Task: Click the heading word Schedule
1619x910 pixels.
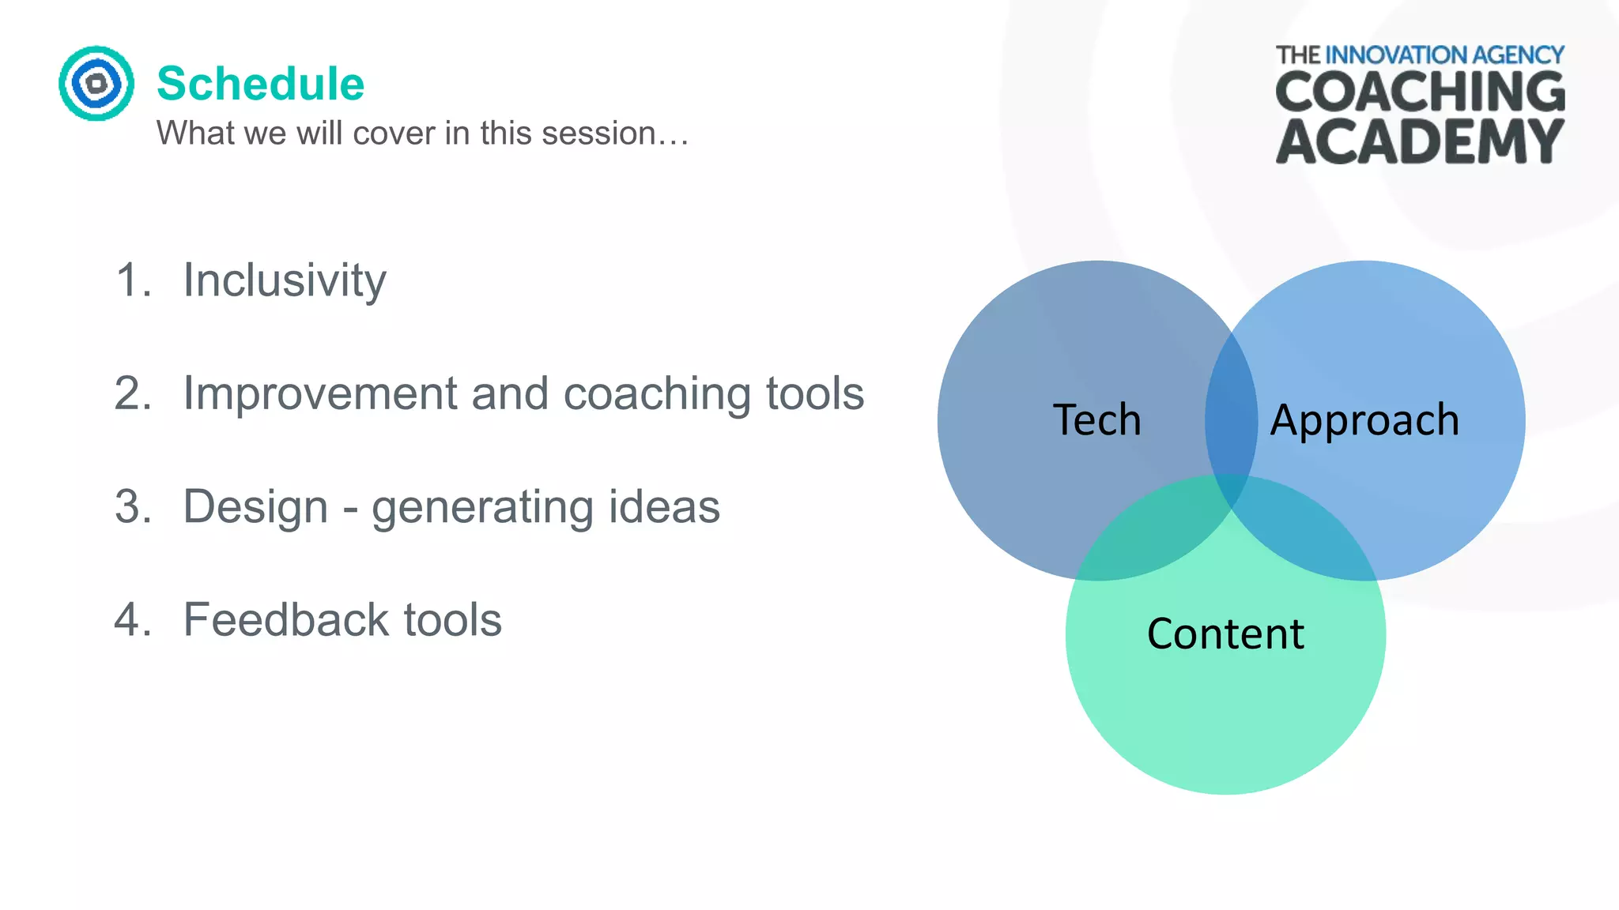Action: pos(260,84)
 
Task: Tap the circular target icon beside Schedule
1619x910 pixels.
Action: pos(96,83)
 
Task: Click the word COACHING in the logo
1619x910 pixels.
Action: pos(1420,92)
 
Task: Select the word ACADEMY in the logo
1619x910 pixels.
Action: pos(1420,143)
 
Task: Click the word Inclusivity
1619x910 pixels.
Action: pos(285,280)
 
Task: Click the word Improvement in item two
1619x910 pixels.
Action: pos(320,393)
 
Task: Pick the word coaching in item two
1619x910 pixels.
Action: pos(656,393)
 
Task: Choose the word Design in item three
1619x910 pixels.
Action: pos(255,506)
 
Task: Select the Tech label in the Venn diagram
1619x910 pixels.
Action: pos(1096,419)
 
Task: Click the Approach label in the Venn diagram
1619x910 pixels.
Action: pos(1364,419)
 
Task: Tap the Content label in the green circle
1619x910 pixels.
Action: pos(1225,634)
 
